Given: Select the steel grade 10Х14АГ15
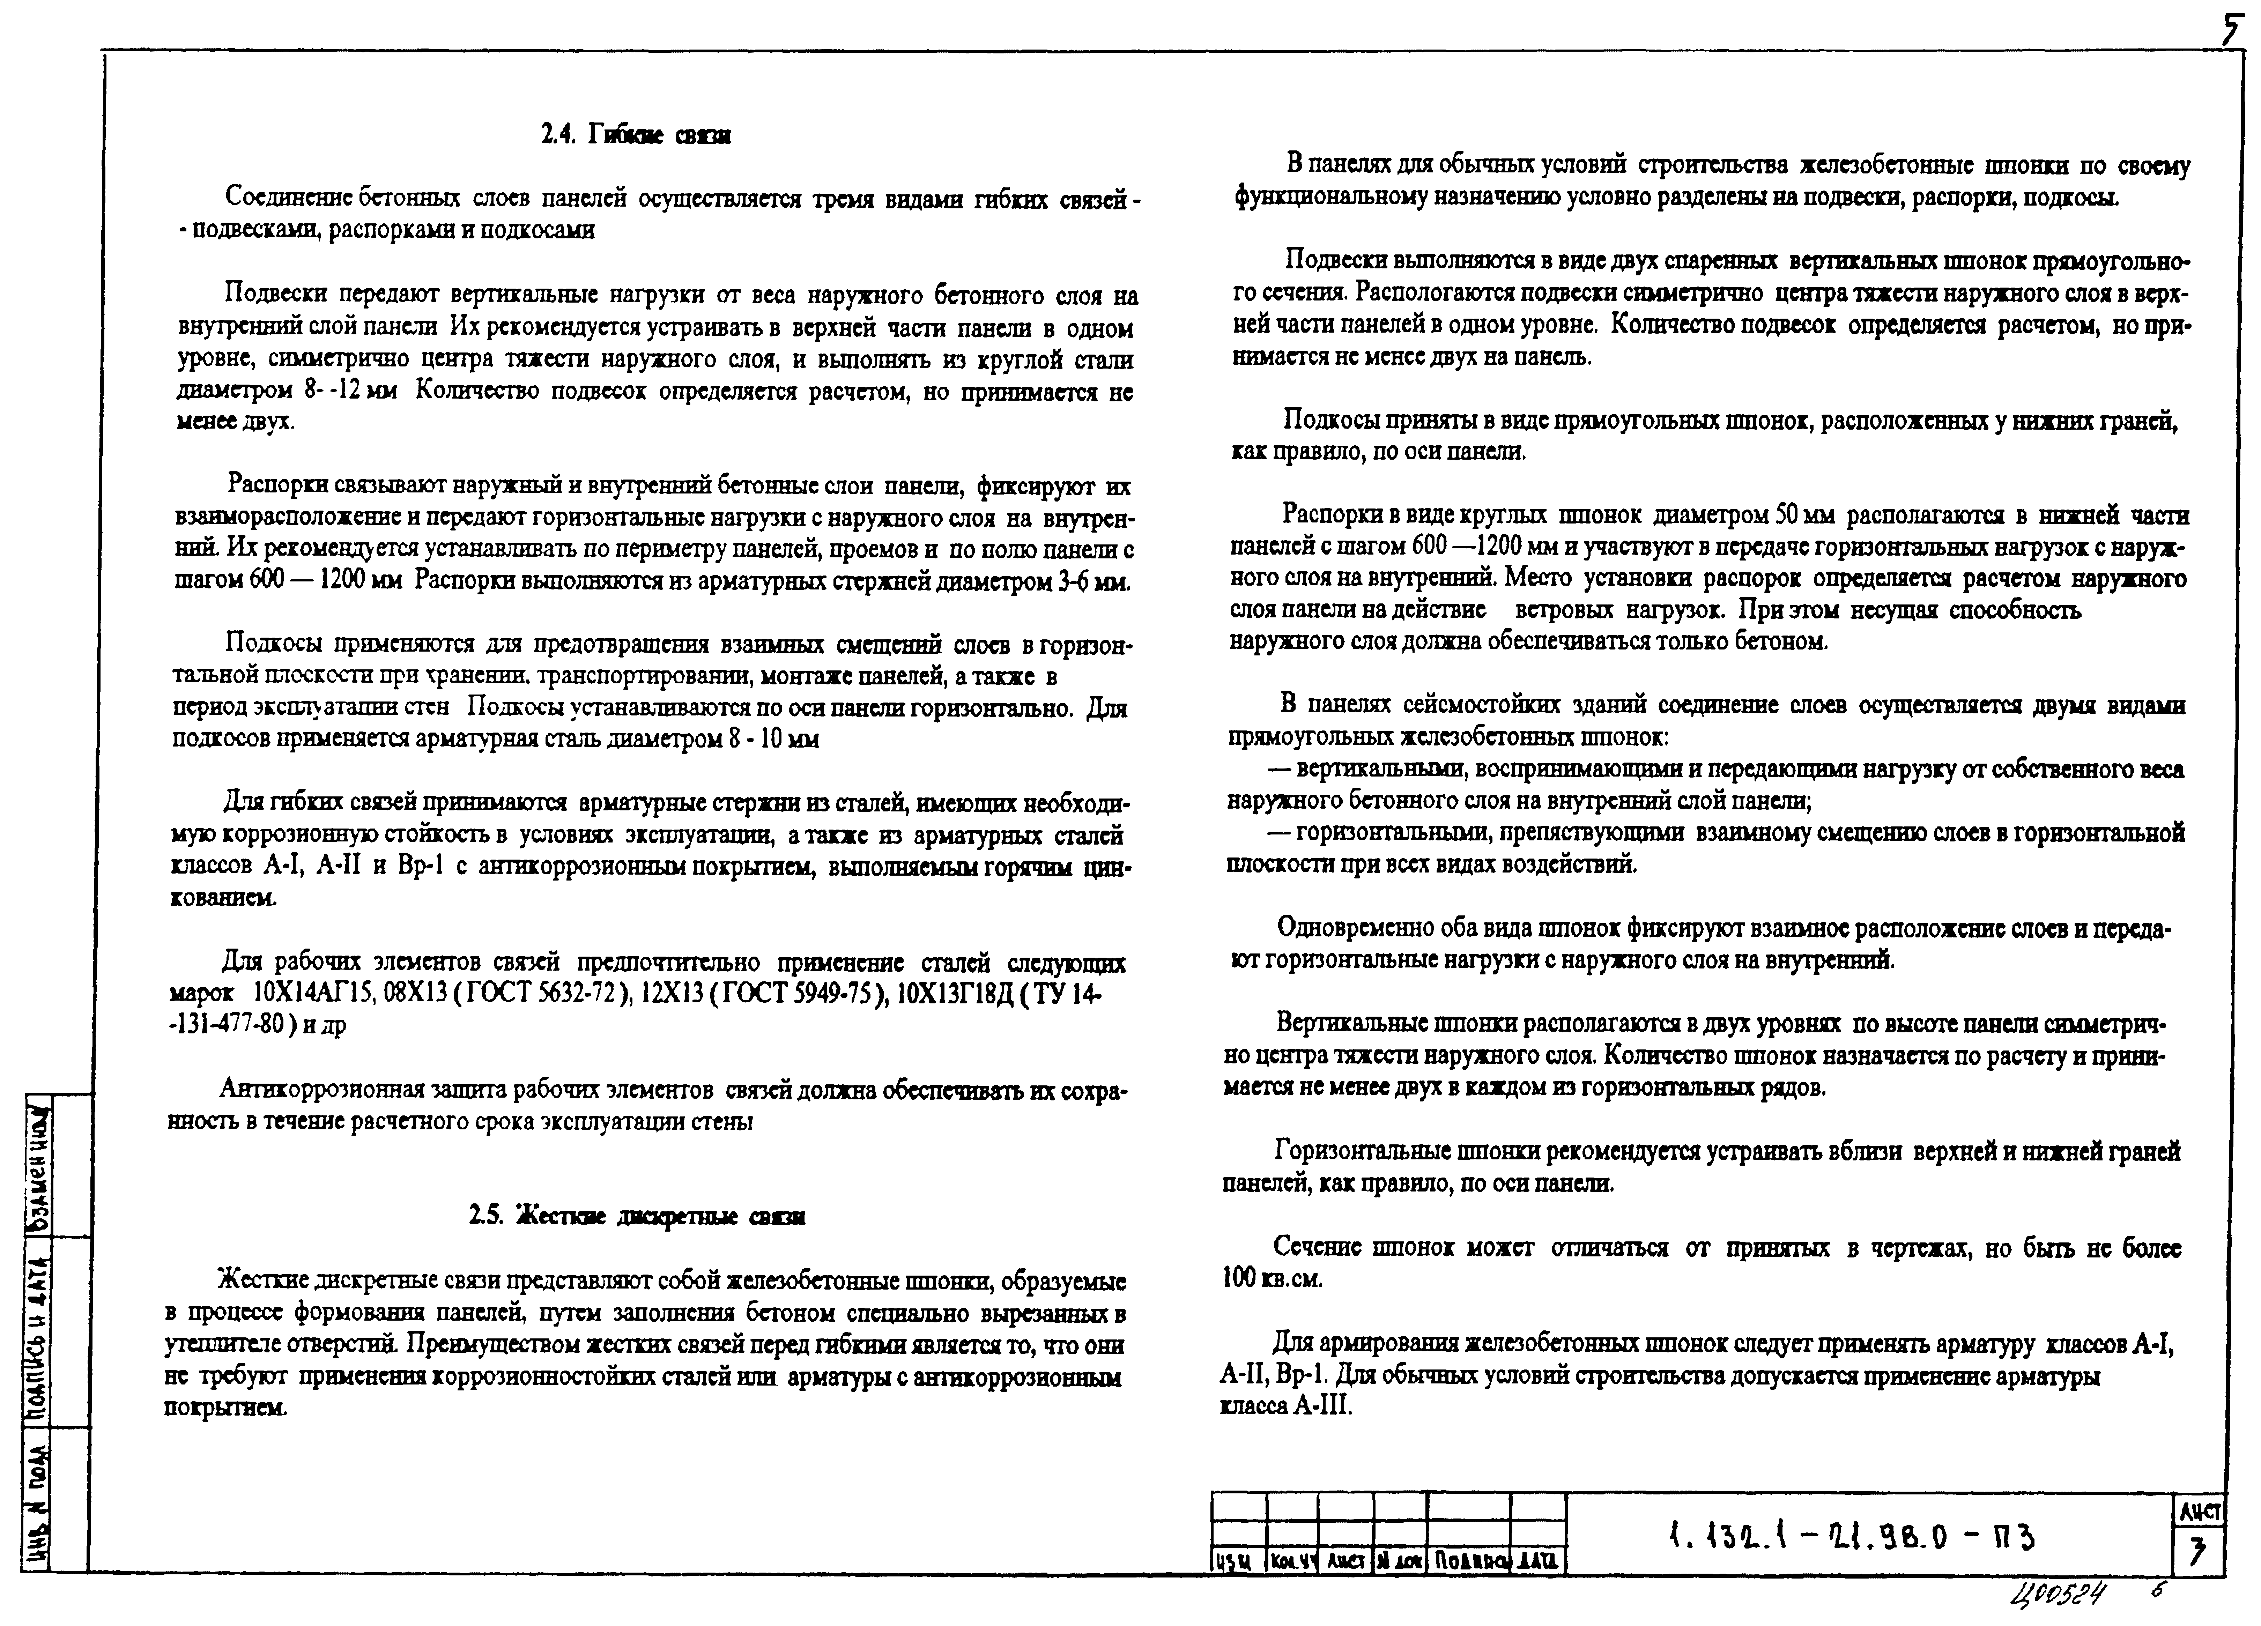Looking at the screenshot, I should [x=312, y=994].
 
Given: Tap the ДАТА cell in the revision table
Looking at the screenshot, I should [x=1538, y=1561].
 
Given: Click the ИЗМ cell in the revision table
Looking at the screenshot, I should [x=1236, y=1561].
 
